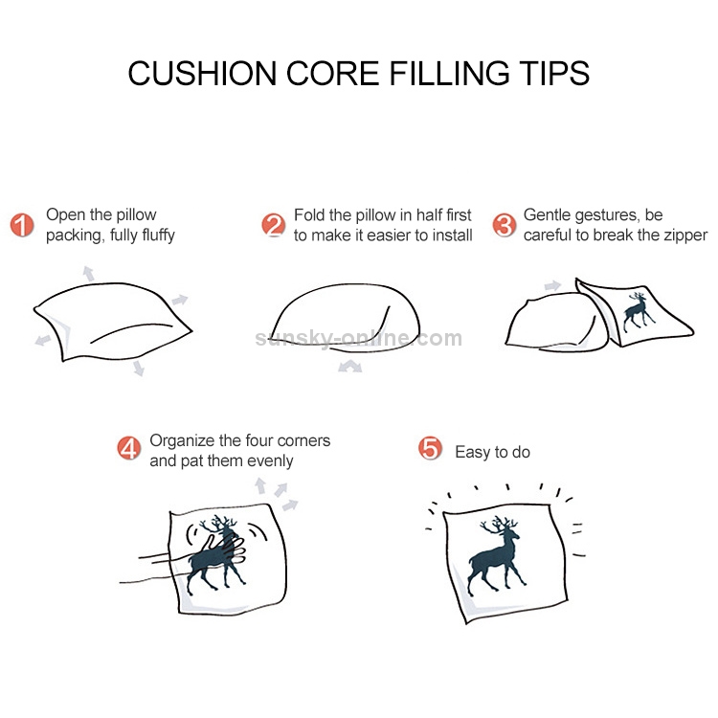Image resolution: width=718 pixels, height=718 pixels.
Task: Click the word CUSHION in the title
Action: tap(202, 74)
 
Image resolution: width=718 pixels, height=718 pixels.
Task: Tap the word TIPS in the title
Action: tap(554, 74)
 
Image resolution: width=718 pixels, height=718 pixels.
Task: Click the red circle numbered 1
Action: tap(22, 225)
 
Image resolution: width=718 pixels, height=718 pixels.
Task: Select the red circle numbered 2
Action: tap(274, 225)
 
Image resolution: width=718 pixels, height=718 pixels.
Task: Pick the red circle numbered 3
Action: tap(505, 225)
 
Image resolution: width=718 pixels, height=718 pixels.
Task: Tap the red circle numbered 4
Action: tap(128, 448)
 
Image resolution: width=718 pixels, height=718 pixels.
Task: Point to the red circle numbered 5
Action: tap(430, 448)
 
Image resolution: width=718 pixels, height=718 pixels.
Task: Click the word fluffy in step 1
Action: tap(158, 236)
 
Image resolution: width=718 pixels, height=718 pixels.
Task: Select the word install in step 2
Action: tap(451, 236)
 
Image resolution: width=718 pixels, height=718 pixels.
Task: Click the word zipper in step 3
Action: tap(685, 236)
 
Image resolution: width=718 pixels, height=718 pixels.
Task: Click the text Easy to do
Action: tap(493, 452)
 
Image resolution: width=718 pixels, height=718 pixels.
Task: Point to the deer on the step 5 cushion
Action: tap(496, 555)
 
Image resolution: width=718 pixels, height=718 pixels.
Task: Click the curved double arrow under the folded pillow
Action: tap(349, 366)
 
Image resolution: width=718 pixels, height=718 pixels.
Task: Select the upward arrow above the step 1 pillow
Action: tap(88, 273)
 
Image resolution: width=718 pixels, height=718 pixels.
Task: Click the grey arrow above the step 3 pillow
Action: tap(552, 285)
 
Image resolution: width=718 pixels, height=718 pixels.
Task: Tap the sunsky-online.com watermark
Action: tap(359, 338)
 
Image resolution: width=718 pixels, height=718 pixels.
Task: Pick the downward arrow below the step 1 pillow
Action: tap(138, 369)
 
